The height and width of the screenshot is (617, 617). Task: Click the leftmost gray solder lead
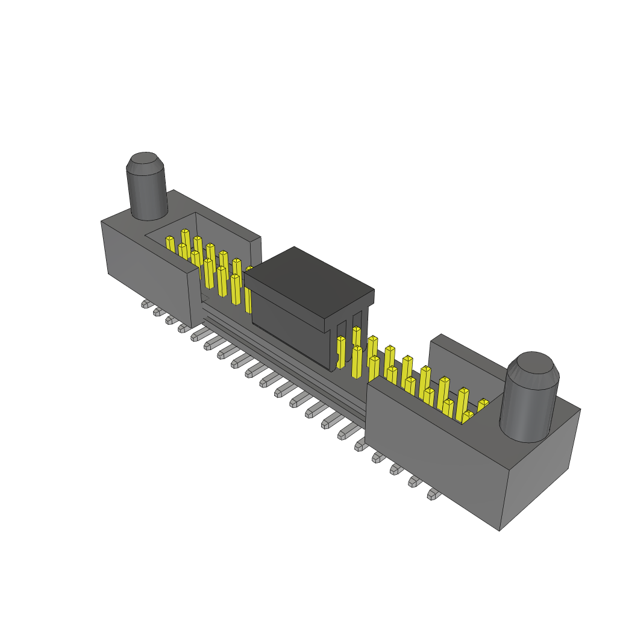[146, 304]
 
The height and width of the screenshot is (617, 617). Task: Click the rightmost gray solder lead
[433, 495]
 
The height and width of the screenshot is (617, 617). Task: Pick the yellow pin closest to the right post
[483, 405]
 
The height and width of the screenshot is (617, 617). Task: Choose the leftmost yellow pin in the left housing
[171, 244]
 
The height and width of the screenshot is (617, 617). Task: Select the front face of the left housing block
[148, 271]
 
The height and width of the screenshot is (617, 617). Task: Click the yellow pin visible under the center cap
[341, 352]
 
